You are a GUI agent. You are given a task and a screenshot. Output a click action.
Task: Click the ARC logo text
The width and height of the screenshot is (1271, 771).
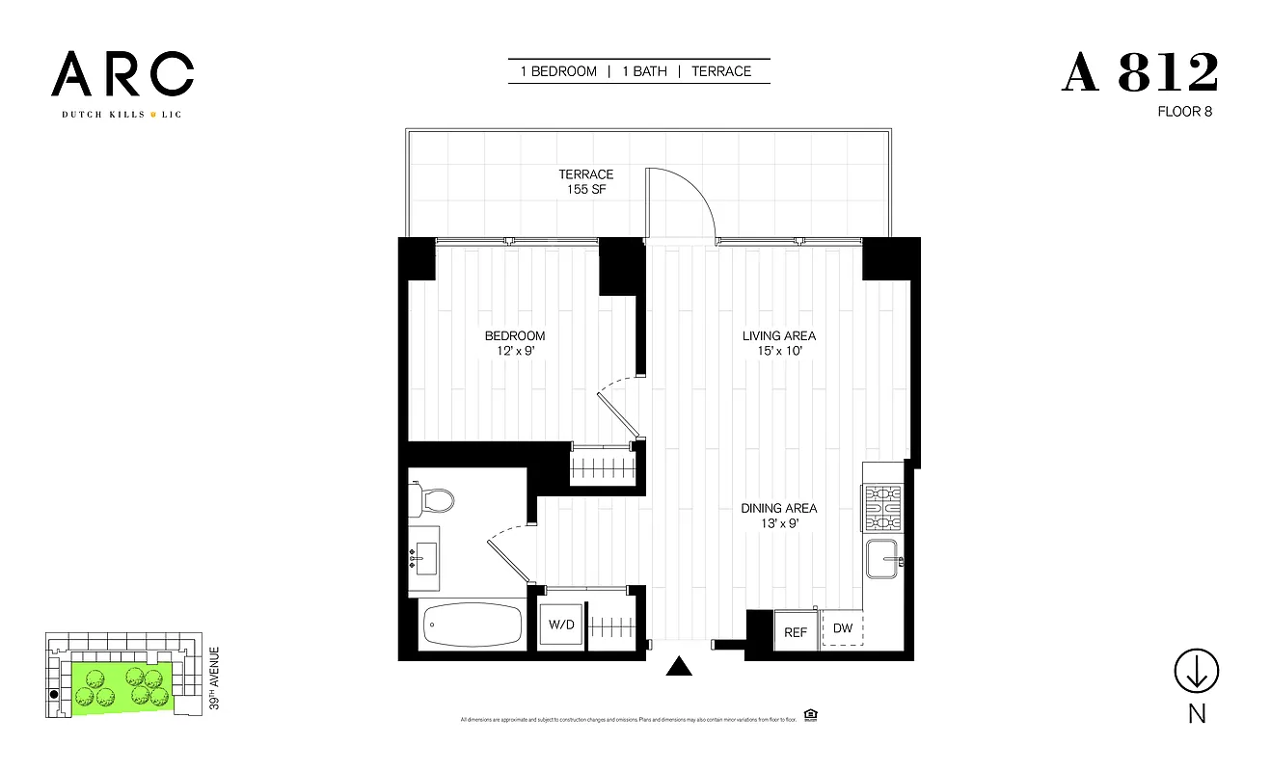(x=122, y=74)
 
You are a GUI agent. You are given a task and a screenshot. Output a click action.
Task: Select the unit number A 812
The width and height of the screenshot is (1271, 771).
(x=1140, y=73)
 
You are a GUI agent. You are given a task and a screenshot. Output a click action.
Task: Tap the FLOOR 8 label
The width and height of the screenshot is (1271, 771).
(x=1184, y=112)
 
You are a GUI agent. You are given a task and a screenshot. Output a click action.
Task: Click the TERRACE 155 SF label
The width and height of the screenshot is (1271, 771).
(x=585, y=182)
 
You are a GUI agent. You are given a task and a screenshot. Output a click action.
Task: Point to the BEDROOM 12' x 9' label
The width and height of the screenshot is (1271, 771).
(x=514, y=343)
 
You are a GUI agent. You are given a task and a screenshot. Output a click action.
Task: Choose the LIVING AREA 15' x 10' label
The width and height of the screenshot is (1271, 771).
(x=778, y=343)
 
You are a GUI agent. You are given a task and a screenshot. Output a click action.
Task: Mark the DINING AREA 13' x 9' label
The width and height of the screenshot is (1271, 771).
(x=778, y=516)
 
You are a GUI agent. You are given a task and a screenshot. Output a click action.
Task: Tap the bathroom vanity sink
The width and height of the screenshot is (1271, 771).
(x=425, y=559)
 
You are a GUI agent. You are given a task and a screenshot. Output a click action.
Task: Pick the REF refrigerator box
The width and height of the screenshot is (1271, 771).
(x=796, y=632)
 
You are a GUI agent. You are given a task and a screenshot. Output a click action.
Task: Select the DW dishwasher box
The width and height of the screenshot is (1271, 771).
(x=843, y=628)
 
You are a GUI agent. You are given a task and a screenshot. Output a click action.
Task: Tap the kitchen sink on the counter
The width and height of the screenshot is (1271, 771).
(x=883, y=560)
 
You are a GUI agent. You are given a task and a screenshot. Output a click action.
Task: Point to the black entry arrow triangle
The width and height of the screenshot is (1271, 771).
(x=681, y=667)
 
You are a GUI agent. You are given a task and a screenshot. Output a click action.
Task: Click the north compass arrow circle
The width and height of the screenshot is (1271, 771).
(x=1197, y=671)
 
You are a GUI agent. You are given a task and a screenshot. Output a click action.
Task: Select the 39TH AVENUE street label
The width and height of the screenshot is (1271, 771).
(x=214, y=678)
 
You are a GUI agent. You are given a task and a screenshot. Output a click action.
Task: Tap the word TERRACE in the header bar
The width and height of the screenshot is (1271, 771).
(x=720, y=71)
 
